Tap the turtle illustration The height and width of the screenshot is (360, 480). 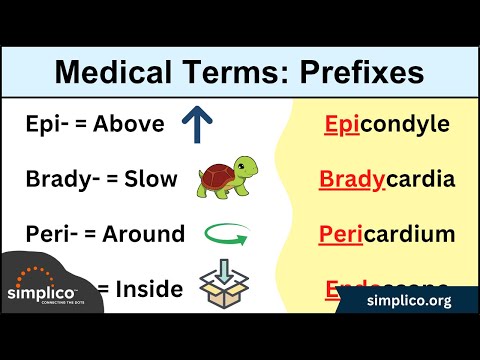(220, 178)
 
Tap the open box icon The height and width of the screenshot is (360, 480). (223, 284)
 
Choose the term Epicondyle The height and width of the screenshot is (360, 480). (386, 126)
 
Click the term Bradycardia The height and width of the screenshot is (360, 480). (386, 181)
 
